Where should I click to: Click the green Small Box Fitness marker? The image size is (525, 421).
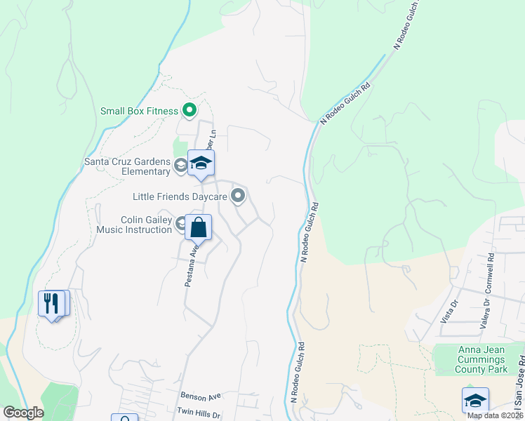189,110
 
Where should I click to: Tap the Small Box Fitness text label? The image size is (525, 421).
139,111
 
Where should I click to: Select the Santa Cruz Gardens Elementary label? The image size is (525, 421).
127,166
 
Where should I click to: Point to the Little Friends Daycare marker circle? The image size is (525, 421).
239,196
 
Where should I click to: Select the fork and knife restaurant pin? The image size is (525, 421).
51,304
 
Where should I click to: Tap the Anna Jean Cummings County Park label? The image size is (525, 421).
482,359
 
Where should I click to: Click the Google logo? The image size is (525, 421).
23,413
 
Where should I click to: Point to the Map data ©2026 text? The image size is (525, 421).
494,415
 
